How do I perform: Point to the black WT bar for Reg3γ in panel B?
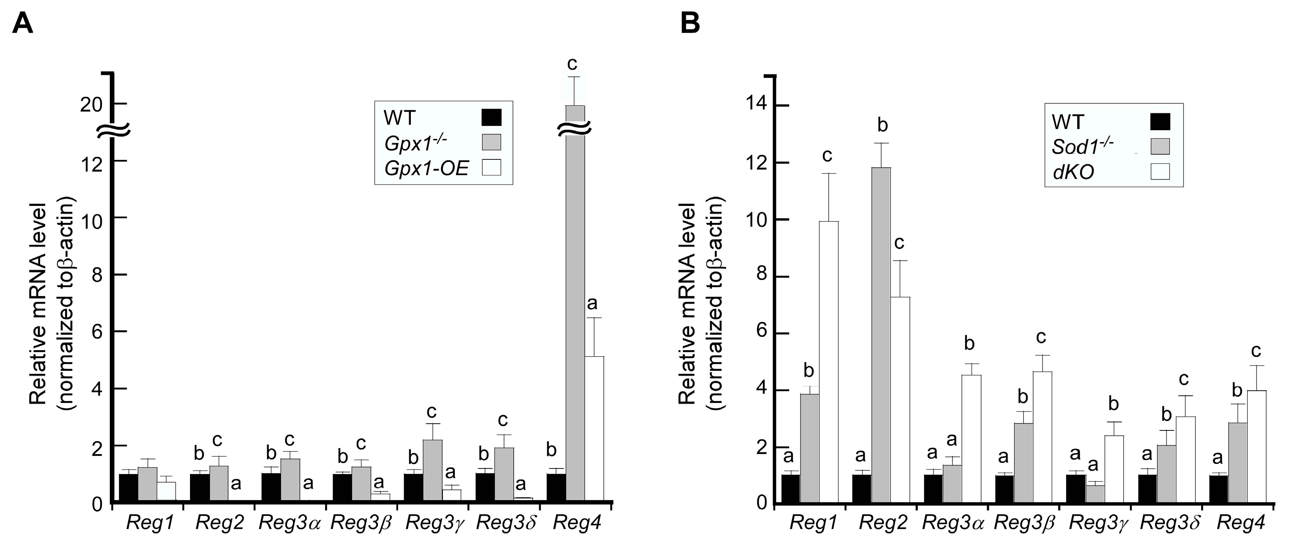(1075, 488)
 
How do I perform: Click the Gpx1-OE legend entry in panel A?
(426, 169)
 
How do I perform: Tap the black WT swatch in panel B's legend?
(1160, 122)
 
